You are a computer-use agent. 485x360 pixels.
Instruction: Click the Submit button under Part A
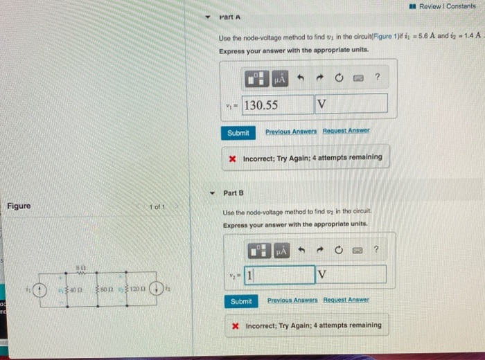238,132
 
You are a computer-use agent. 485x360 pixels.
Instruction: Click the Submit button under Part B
241,301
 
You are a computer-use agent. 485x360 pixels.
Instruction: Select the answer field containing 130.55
277,105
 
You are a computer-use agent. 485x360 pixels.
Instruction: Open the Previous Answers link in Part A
290,132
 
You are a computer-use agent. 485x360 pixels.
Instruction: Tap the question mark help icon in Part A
377,78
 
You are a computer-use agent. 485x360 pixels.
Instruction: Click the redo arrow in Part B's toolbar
321,249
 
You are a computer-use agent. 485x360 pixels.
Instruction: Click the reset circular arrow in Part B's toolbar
340,249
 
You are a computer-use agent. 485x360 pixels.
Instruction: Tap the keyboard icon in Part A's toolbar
358,78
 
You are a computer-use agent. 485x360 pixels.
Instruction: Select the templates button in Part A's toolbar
256,78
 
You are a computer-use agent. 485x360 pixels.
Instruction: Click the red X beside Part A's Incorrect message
233,158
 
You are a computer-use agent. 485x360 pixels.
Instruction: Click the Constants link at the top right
461,6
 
